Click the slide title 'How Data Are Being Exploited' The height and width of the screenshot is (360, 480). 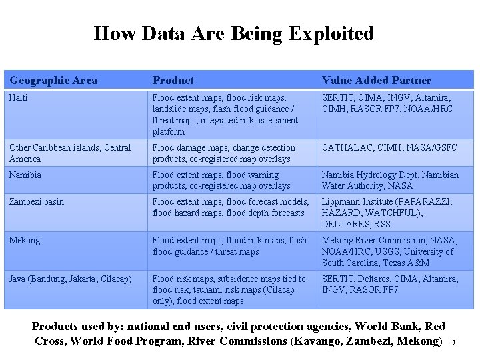tap(234, 33)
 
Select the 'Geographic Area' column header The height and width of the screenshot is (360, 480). tap(53, 81)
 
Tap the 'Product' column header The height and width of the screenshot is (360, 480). tap(173, 81)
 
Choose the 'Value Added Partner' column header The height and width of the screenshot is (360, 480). tap(377, 81)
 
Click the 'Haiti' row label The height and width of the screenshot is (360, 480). tap(19, 97)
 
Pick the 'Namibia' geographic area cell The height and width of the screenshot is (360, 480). tap(25, 175)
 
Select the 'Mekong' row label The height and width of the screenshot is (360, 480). tap(25, 240)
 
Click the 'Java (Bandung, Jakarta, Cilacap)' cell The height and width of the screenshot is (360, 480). tap(71, 279)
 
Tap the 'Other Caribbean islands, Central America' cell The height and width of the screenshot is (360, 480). tap(70, 153)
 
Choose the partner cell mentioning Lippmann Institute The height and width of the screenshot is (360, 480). tap(387, 213)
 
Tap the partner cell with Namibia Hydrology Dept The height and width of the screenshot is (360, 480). tap(390, 180)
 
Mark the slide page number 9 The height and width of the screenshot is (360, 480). tap(453, 343)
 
